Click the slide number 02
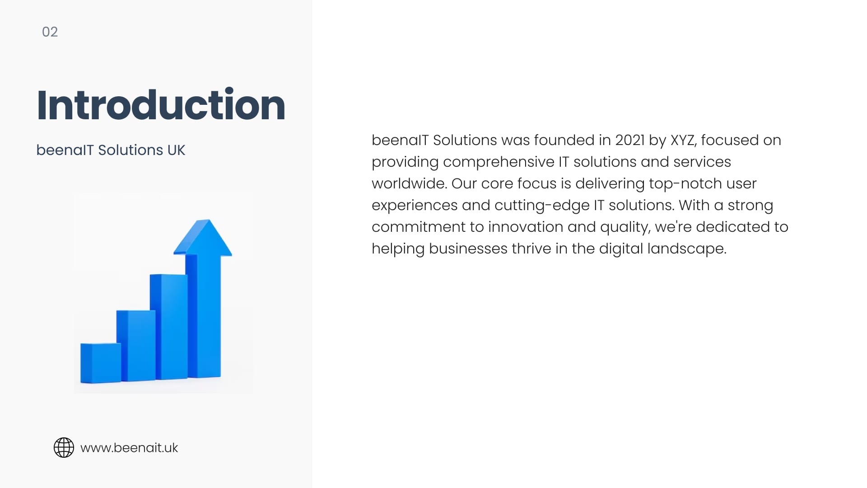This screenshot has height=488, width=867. point(50,32)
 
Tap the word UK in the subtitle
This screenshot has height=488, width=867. point(176,150)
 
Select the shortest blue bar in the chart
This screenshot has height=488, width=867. point(101,363)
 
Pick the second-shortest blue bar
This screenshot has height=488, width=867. point(136,346)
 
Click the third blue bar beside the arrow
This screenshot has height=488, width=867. point(169,327)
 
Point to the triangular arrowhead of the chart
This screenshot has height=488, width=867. point(203,238)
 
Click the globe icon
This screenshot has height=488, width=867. point(64,448)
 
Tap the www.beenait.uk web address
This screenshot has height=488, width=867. point(129,448)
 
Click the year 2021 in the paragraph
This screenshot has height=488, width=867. point(630,140)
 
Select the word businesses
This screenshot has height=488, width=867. point(468,249)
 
